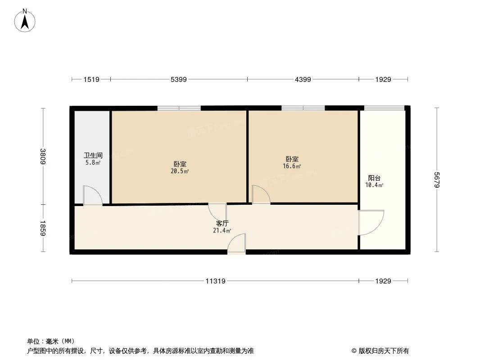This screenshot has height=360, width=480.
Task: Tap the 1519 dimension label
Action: [x=91, y=80]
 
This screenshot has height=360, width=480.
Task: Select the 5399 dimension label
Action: [x=179, y=80]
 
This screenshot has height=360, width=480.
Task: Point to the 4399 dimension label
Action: [x=303, y=80]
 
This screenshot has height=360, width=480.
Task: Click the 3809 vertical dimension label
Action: [x=43, y=156]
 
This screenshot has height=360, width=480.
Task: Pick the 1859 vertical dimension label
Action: [x=43, y=228]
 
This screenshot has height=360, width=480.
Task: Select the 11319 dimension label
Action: [x=215, y=281]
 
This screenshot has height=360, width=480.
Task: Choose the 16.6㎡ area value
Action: [x=292, y=166]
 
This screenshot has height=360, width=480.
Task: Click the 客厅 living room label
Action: [x=222, y=223]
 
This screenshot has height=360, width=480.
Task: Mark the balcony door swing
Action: [x=371, y=222]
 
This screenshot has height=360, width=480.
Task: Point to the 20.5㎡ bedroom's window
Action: [x=179, y=108]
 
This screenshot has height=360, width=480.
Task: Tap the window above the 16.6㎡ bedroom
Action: [x=303, y=108]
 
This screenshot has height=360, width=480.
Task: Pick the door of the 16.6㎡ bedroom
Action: [x=260, y=194]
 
